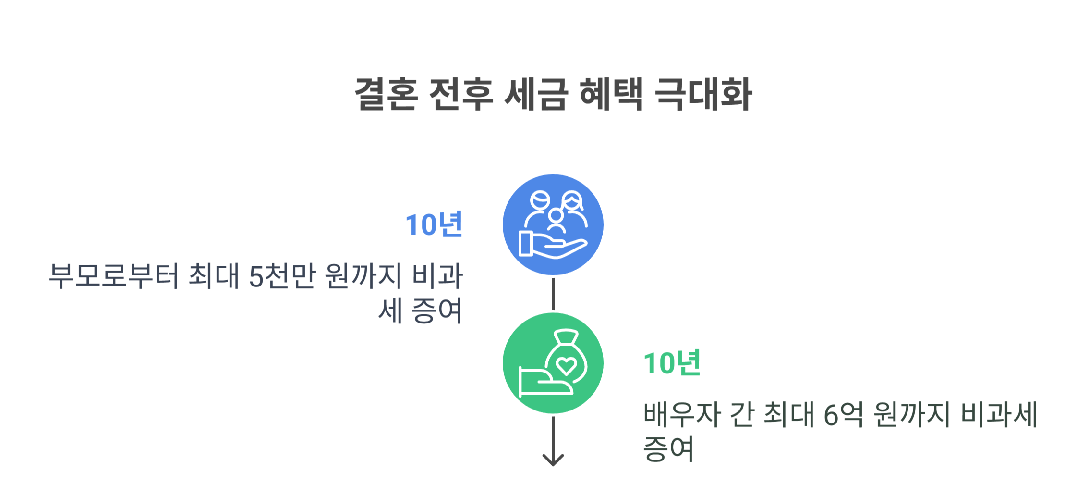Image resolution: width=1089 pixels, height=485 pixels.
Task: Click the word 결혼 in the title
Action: pos(386,94)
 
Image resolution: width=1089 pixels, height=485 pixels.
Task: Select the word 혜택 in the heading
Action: pos(611,94)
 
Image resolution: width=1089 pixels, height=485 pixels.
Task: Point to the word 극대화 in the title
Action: pos(703,94)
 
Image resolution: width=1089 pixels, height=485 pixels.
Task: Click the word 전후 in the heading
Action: pos(460,94)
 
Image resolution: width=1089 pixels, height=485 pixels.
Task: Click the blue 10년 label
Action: pos(434,224)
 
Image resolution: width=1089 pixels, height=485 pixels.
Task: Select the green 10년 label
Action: pos(672,363)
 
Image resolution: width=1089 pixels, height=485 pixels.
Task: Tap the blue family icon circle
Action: pos(553,224)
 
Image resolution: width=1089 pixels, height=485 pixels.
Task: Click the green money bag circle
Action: pos(553,363)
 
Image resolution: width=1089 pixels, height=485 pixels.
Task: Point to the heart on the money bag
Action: pos(566,365)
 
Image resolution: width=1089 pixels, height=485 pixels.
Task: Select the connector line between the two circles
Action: pos(553,294)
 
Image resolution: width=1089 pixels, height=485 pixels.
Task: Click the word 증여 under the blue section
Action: pos(437,311)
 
